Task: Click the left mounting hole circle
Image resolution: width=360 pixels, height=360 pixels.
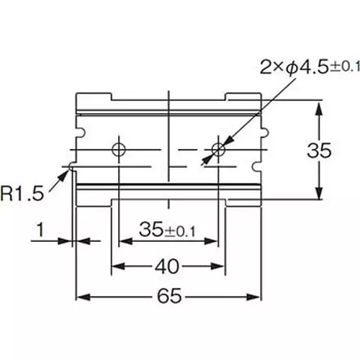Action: click(119, 149)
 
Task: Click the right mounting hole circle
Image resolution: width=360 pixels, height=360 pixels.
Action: click(218, 149)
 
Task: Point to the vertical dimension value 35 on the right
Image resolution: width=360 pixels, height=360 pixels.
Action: click(319, 151)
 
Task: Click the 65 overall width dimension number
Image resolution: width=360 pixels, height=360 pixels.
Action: click(168, 296)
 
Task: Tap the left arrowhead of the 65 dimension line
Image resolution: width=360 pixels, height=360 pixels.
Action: click(81, 296)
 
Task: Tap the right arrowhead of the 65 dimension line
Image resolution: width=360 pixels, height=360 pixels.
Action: click(256, 296)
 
